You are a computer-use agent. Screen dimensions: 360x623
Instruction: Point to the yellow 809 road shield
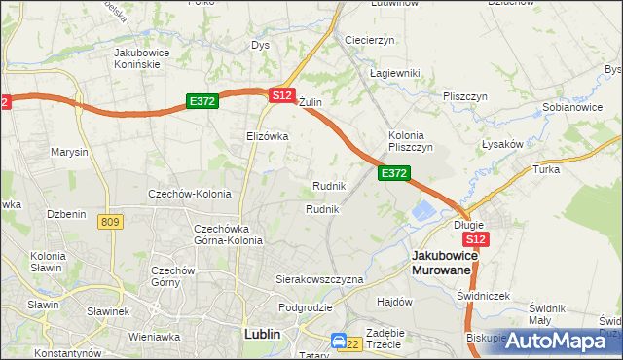coord(110,223)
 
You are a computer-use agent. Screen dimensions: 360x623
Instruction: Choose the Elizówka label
coord(268,136)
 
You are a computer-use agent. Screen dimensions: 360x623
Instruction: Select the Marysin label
coord(70,152)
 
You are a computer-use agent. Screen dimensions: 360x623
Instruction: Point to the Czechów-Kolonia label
coord(189,194)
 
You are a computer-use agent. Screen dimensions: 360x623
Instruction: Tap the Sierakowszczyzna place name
coord(319,279)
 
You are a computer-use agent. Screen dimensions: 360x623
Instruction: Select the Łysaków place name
coord(502,143)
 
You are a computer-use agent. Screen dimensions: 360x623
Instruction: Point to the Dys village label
coord(260,45)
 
